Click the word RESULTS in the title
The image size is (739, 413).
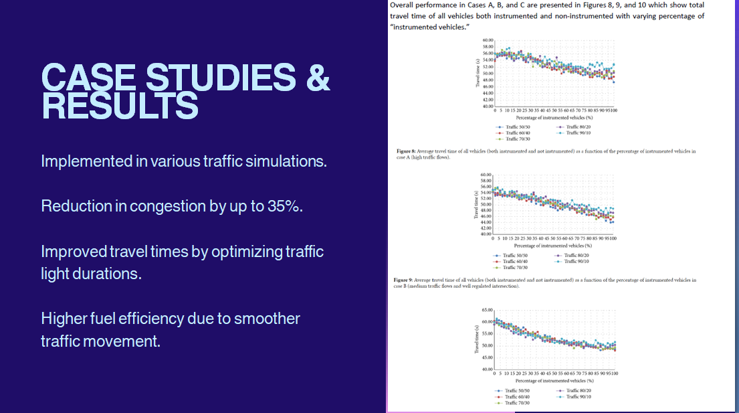pyautogui.click(x=120, y=106)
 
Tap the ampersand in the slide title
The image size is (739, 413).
pyautogui.click(x=318, y=78)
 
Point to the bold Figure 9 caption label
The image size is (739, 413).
pyautogui.click(x=403, y=279)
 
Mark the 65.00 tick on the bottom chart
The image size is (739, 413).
pyautogui.click(x=486, y=311)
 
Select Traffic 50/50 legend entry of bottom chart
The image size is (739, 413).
pyautogui.click(x=514, y=390)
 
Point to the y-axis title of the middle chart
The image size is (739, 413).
pyautogui.click(x=477, y=205)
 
